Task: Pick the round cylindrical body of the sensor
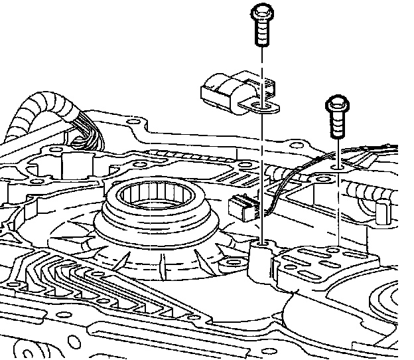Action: (222, 90)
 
